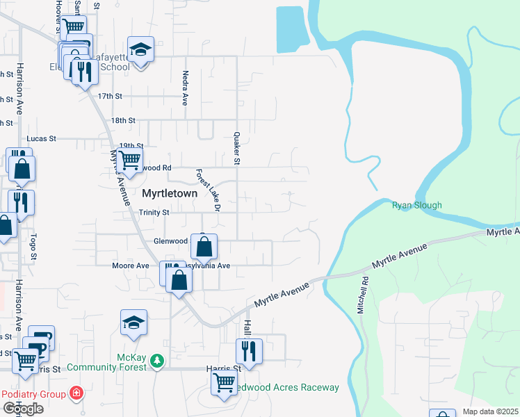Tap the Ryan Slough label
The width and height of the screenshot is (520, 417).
tap(417, 205)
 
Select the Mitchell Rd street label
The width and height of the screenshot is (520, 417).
tap(362, 295)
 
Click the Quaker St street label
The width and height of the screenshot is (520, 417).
tap(237, 148)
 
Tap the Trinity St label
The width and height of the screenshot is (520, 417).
tap(154, 213)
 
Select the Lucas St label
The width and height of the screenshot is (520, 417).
tap(41, 139)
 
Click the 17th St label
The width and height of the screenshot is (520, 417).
tap(110, 96)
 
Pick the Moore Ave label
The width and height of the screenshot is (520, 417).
tap(131, 265)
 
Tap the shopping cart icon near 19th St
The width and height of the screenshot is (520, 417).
tap(129, 159)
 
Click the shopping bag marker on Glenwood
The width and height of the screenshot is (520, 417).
tap(204, 246)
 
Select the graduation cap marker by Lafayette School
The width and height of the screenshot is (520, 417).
tap(140, 49)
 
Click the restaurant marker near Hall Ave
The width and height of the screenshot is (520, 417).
tap(249, 350)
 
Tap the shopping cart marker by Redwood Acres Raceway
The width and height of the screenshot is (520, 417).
tap(224, 382)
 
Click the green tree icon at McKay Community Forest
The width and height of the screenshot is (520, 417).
tap(159, 360)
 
